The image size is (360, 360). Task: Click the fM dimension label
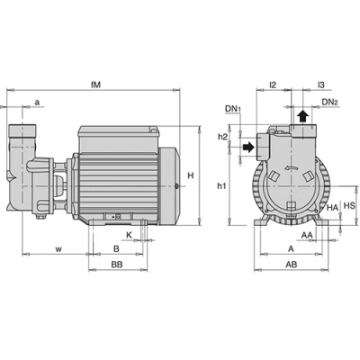(x=95, y=85)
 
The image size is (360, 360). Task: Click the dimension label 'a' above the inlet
(x=37, y=103)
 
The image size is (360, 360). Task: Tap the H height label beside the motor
(x=191, y=175)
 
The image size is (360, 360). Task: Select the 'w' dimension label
(x=59, y=249)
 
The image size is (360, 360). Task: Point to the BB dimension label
(x=117, y=265)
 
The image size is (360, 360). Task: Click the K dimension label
(x=129, y=235)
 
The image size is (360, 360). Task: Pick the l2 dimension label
(x=273, y=85)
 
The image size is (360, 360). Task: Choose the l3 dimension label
(x=321, y=85)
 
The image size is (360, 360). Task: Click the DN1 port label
(x=233, y=109)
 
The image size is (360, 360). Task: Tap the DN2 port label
(x=330, y=102)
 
